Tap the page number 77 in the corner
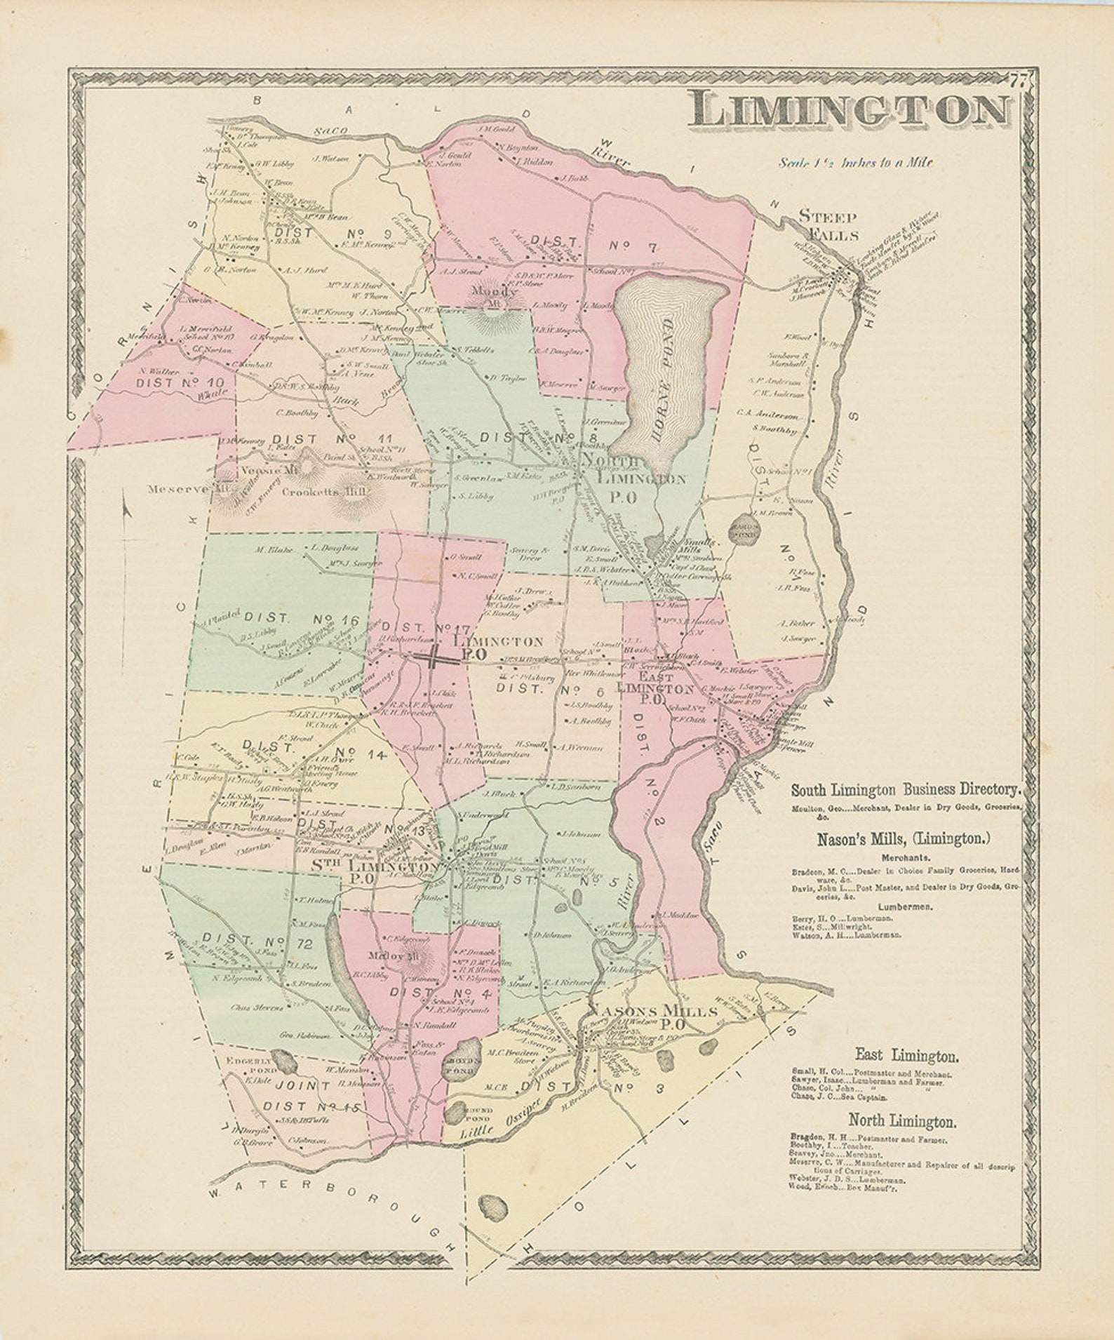click(x=1019, y=79)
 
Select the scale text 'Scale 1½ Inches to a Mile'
click(x=855, y=162)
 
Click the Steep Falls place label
click(x=828, y=225)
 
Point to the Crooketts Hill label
click(x=324, y=493)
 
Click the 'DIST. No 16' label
click(x=301, y=619)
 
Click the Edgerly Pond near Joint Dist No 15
click(x=283, y=1061)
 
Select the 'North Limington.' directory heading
click(x=903, y=1120)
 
